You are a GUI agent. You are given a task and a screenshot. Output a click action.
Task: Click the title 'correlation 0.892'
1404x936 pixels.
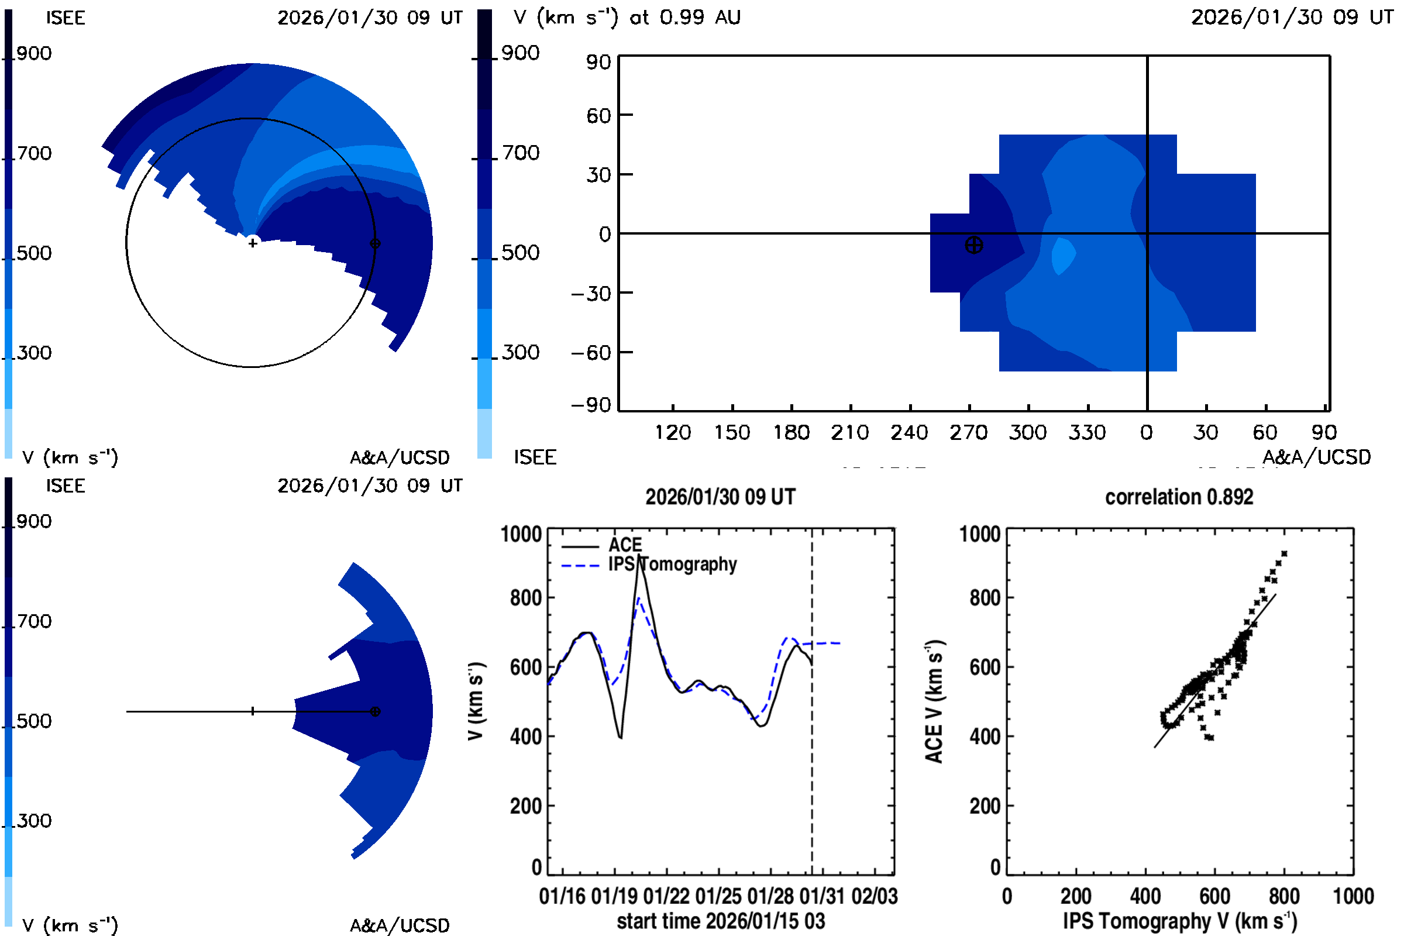[x=1178, y=497]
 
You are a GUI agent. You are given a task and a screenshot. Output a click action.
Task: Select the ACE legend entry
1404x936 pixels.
[x=624, y=545]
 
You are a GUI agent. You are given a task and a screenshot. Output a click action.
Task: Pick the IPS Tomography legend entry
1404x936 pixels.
[x=672, y=564]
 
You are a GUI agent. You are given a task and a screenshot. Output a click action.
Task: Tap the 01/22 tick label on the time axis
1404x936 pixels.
[x=666, y=897]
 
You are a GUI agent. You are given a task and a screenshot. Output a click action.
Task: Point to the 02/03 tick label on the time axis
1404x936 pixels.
[x=874, y=897]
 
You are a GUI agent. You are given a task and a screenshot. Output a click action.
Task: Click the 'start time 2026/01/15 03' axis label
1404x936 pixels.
[x=721, y=921]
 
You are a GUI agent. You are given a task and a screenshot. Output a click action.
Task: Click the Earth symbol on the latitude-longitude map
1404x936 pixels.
[x=973, y=245]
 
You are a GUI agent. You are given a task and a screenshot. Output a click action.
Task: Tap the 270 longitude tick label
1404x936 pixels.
[x=968, y=432]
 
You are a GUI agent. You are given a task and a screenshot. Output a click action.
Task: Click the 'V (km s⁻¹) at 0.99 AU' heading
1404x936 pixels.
[x=627, y=18]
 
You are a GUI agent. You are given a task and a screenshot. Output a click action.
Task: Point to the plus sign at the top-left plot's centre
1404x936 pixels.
[x=253, y=243]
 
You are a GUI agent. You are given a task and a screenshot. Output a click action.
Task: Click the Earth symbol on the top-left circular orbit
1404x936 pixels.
[x=375, y=243]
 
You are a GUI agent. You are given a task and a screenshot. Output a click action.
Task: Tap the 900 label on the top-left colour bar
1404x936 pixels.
[x=34, y=54]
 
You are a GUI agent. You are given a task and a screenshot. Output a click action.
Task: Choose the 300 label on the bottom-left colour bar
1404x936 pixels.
[x=34, y=821]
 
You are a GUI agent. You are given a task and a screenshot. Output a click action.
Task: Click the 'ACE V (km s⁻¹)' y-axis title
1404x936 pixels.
[x=934, y=701]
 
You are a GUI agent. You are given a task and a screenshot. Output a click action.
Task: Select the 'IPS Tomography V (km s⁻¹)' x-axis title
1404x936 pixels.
[x=1179, y=921]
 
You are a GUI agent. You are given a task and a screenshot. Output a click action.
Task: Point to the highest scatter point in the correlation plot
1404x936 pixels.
[x=1284, y=554]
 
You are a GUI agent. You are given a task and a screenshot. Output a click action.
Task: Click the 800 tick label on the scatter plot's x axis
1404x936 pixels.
[x=1284, y=897]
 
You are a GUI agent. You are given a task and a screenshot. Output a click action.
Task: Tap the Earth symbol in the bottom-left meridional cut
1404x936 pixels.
[x=375, y=711]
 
